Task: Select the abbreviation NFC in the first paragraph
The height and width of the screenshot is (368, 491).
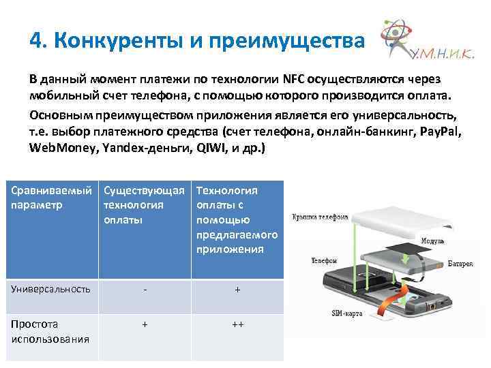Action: [280, 77]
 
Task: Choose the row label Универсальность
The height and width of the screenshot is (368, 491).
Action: [51, 289]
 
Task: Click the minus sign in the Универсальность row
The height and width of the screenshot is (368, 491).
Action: [144, 289]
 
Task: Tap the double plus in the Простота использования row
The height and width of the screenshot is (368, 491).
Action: [237, 324]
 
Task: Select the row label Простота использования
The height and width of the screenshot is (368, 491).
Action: [51, 331]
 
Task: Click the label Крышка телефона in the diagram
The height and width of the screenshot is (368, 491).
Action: [320, 217]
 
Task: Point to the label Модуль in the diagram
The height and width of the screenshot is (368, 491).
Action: [433, 241]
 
